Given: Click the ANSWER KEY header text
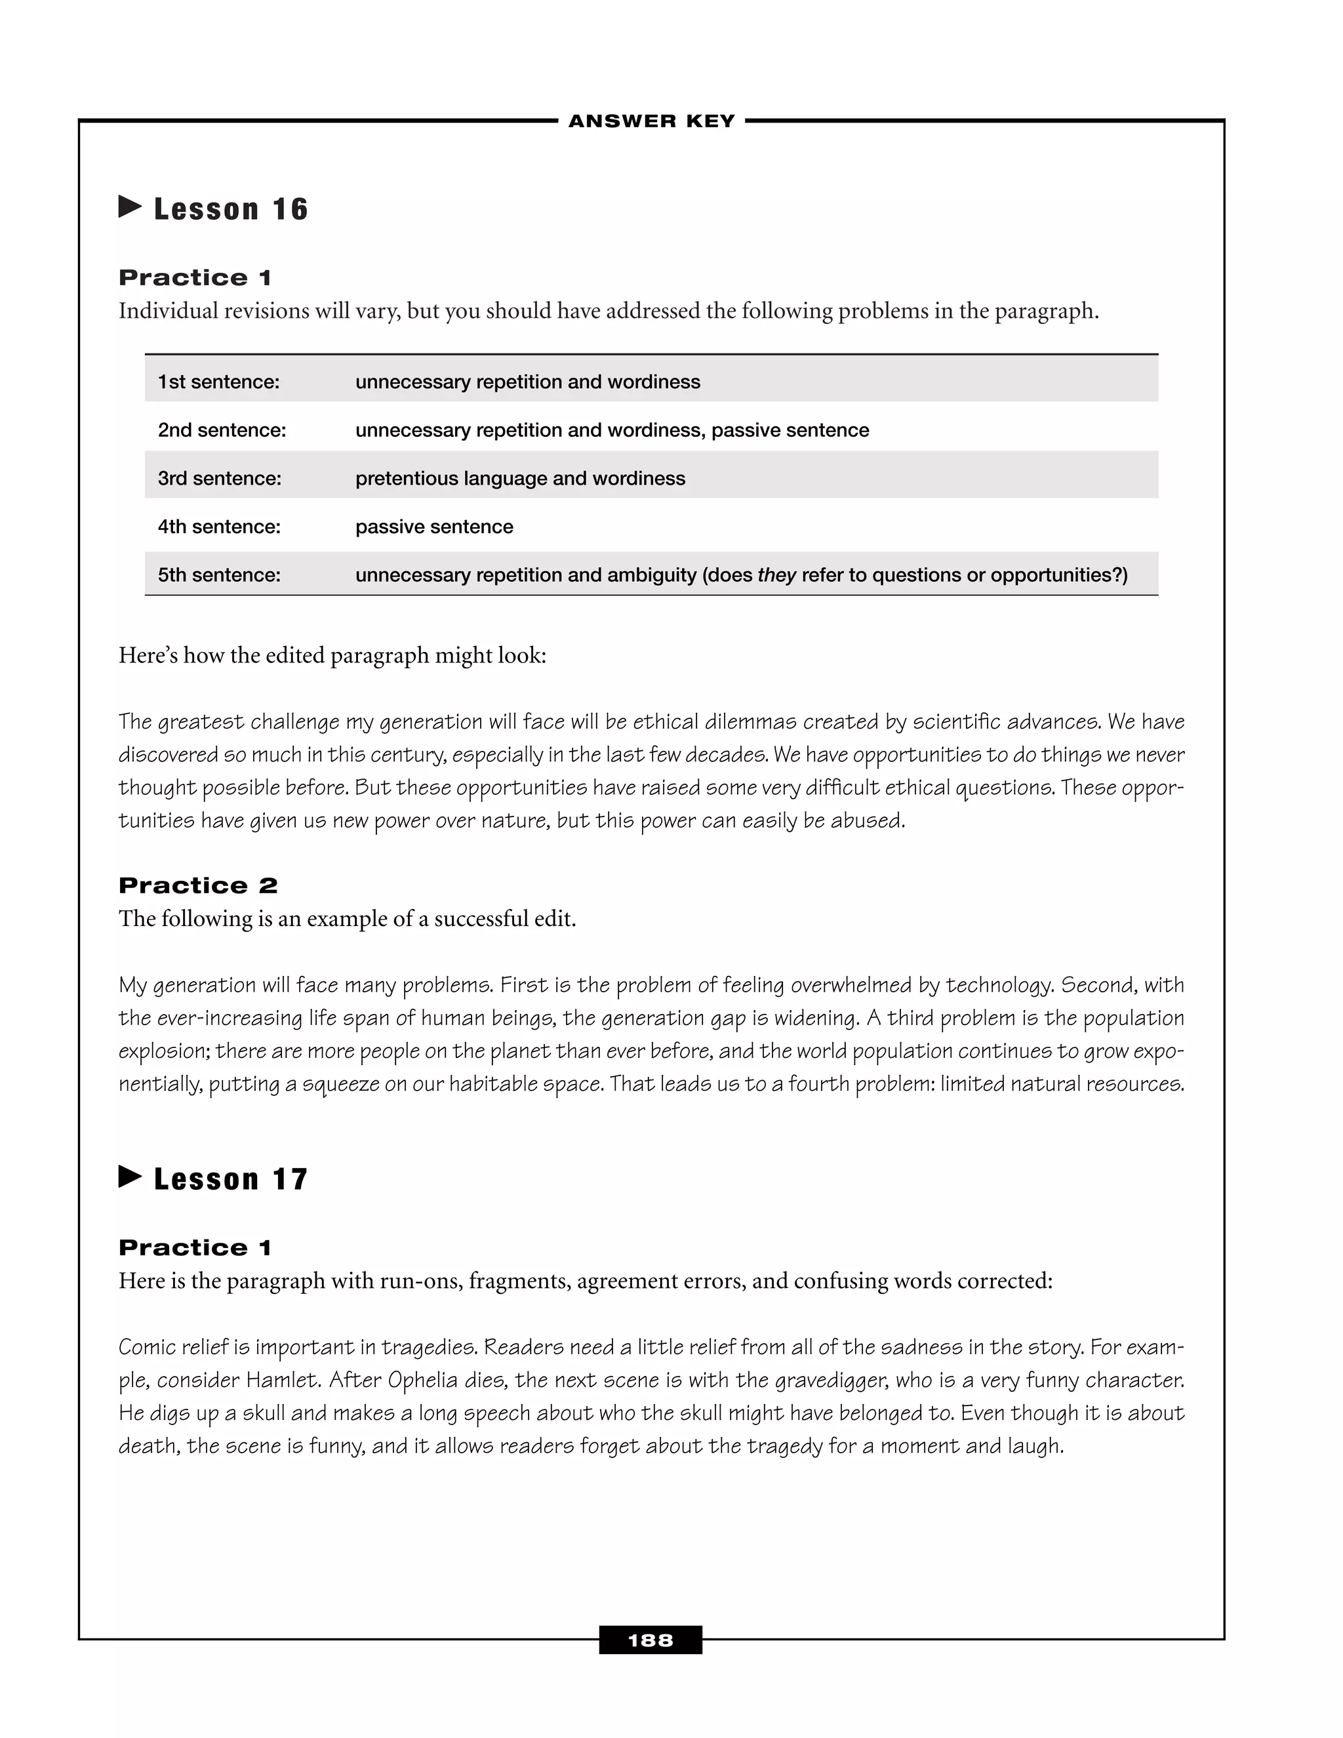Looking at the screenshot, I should tap(652, 121).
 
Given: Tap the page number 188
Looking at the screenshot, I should tap(650, 1640).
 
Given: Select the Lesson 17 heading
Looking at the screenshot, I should tap(230, 1179).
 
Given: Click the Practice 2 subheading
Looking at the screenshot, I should tap(198, 885).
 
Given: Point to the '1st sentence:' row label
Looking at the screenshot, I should tap(219, 382).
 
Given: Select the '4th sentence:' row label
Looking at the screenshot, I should tap(219, 527).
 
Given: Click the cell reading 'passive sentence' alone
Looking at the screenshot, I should tap(434, 527).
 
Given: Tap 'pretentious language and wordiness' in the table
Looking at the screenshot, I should tap(520, 478).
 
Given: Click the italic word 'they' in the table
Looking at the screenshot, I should tap(776, 575).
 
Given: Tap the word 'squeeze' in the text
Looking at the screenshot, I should tap(340, 1084).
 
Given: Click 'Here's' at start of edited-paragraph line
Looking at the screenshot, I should tap(148, 655).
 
